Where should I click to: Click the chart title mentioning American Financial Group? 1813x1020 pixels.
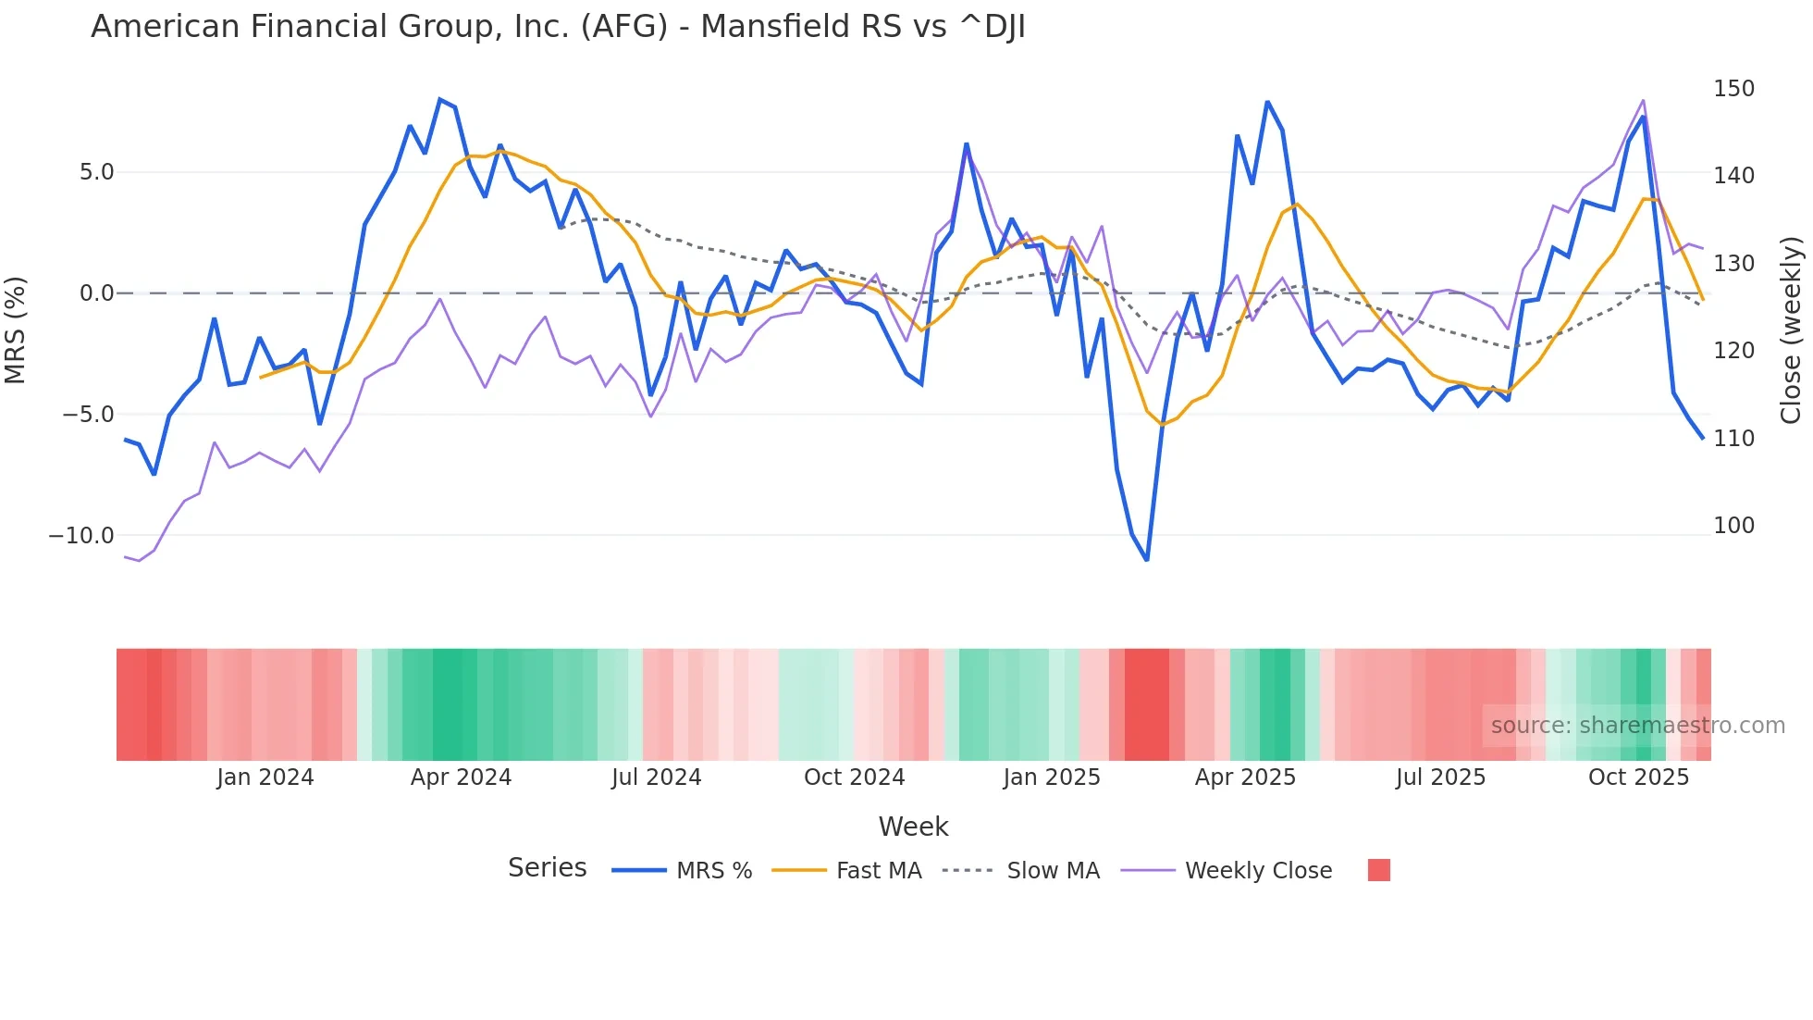pyautogui.click(x=558, y=27)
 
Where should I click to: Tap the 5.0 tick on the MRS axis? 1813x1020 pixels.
pyautogui.click(x=96, y=172)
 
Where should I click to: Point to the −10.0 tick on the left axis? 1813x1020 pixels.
pyautogui.click(x=81, y=536)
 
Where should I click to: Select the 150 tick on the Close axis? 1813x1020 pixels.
pyautogui.click(x=1733, y=89)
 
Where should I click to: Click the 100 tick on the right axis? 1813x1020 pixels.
pyautogui.click(x=1733, y=526)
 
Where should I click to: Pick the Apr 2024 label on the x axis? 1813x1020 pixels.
pyautogui.click(x=461, y=777)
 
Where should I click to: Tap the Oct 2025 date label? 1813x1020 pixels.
pyautogui.click(x=1638, y=777)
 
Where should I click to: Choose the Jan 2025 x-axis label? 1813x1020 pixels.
pyautogui.click(x=1052, y=777)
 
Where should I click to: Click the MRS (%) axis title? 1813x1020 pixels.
pyautogui.click(x=16, y=330)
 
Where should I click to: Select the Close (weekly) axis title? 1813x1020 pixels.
pyautogui.click(x=1792, y=330)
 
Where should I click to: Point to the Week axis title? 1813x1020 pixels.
pyautogui.click(x=913, y=827)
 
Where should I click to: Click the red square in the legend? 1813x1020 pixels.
pyautogui.click(x=1378, y=870)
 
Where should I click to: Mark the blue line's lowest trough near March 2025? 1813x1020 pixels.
pyautogui.click(x=1147, y=560)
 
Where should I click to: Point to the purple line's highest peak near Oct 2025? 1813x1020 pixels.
pyautogui.click(x=1643, y=100)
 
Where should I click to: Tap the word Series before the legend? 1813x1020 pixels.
pyautogui.click(x=547, y=868)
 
